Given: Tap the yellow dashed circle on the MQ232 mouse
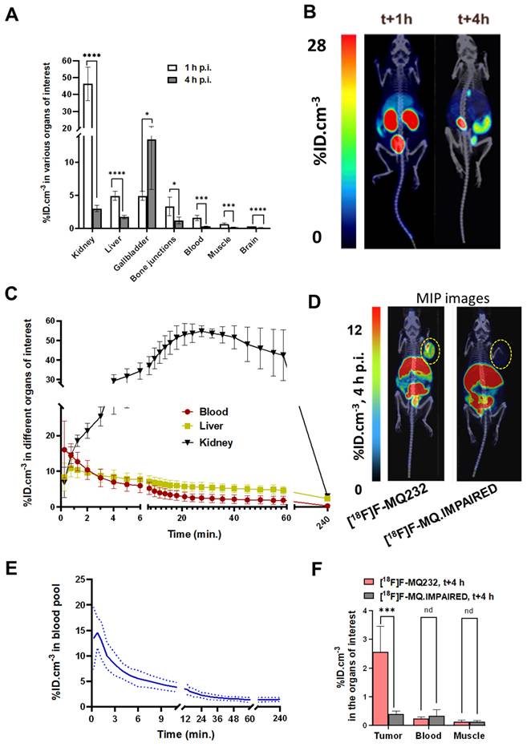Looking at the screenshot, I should pyautogui.click(x=431, y=349).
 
